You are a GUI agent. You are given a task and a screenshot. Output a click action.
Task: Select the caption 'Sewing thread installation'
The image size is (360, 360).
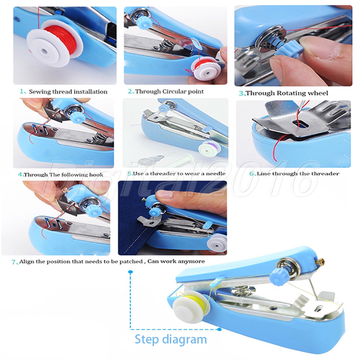click(68, 92)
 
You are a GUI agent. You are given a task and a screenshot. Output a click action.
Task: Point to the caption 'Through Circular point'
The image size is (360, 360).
click(170, 91)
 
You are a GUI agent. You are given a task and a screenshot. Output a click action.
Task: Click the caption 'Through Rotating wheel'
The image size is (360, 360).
click(287, 93)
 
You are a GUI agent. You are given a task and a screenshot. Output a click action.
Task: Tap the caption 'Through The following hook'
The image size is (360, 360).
click(64, 175)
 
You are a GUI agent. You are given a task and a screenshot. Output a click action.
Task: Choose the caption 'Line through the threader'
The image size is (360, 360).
click(298, 174)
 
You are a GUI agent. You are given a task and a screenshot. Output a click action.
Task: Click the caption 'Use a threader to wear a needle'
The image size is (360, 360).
click(179, 174)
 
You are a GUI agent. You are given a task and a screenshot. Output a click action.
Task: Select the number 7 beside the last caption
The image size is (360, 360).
click(14, 262)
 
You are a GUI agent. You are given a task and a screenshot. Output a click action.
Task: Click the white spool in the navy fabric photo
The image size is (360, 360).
click(216, 244)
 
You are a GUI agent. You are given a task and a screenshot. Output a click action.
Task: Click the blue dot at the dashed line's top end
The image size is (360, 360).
click(131, 272)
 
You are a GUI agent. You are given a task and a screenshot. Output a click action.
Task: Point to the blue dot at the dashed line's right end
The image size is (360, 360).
click(219, 329)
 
